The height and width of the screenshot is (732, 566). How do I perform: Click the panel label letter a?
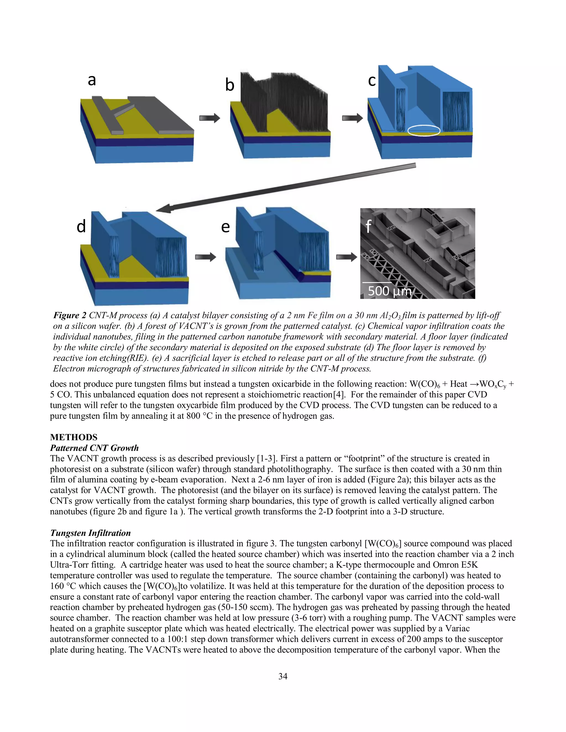click(91, 80)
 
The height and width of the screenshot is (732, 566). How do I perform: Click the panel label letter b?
click(229, 85)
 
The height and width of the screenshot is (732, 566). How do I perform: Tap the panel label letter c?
click(372, 80)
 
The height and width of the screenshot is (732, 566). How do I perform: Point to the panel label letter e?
click(225, 227)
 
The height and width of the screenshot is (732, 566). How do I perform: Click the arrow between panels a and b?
click(209, 118)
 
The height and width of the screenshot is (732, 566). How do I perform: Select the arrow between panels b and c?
click(352, 118)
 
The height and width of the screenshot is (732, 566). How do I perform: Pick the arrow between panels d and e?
click(206, 257)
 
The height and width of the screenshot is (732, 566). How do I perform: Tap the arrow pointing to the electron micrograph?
click(346, 257)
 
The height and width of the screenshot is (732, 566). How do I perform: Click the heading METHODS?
click(74, 437)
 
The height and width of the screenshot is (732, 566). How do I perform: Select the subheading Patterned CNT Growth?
click(94, 448)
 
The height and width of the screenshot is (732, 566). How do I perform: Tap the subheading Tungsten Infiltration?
click(90, 533)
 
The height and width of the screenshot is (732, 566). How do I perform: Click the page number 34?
click(283, 676)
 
